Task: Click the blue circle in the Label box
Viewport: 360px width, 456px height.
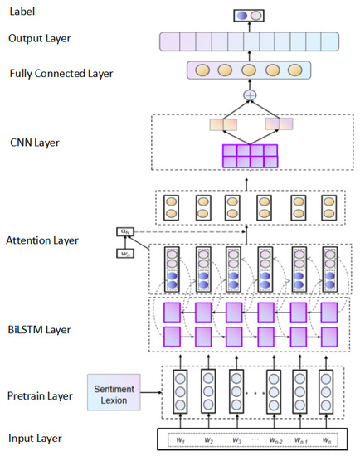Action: [242, 15]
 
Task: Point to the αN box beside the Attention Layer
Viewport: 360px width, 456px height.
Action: [124, 232]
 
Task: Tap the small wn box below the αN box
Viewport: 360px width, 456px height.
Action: [124, 252]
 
